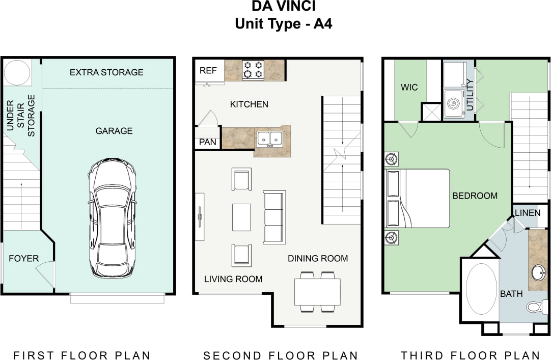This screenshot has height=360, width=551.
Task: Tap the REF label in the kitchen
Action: [x=208, y=71]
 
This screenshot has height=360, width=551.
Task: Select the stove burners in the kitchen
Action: [x=253, y=70]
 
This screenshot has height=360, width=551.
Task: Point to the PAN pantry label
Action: [x=207, y=143]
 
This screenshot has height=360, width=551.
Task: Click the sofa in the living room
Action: [x=274, y=216]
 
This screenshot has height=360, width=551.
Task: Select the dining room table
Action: [x=317, y=292]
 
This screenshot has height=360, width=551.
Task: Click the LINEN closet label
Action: [x=528, y=213]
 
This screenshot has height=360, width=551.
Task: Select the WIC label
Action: [x=409, y=87]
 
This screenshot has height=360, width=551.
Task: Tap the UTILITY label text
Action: [x=470, y=95]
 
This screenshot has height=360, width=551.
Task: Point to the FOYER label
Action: [x=23, y=259]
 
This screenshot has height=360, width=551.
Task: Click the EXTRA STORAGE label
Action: [x=106, y=72]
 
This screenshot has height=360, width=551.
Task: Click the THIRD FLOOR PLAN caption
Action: [x=470, y=355]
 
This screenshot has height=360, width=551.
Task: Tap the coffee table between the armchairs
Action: [x=241, y=217]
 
